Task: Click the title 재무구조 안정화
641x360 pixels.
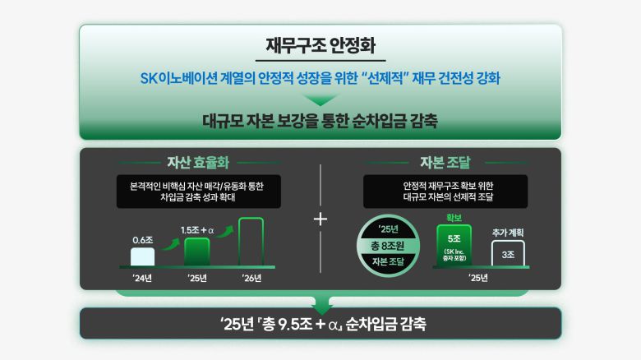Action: click(320, 45)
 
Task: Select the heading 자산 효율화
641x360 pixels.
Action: click(197, 160)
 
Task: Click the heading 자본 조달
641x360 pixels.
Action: click(444, 160)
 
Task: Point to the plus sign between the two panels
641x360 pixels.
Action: click(320, 219)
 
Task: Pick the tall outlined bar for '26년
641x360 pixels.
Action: click(251, 242)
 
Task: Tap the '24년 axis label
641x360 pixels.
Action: click(142, 278)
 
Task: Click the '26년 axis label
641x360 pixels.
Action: click(251, 278)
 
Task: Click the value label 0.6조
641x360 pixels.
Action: click(142, 240)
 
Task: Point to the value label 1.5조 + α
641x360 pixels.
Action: click(197, 231)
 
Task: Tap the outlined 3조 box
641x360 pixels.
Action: click(510, 255)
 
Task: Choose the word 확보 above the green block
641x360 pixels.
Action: click(454, 218)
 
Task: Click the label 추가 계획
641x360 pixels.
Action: click(510, 233)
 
